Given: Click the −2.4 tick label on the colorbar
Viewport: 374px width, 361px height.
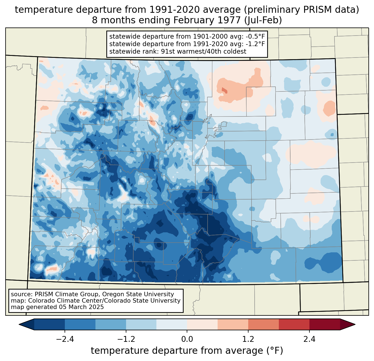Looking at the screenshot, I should click(65, 339).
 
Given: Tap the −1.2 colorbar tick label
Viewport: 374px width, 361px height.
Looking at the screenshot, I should click(126, 339).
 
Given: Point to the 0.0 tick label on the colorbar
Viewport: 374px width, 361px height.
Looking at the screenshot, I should click(187, 339).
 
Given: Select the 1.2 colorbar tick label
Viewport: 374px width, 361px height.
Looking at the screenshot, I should click(248, 339).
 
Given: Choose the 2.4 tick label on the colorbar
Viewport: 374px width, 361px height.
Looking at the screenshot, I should click(309, 339).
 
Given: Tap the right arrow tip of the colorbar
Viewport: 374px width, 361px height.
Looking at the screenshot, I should click(354, 324).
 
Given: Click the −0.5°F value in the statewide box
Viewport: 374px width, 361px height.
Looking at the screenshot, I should click(254, 37).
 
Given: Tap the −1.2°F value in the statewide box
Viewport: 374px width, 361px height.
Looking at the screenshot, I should click(254, 44).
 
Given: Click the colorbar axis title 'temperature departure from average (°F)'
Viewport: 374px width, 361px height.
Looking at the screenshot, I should click(187, 351).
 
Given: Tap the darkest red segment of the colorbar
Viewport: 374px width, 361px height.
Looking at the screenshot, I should click(324, 324).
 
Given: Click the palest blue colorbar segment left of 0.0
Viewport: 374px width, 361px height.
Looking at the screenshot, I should click(172, 324).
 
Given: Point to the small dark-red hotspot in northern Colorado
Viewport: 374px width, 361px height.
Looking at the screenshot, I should click(224, 90).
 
